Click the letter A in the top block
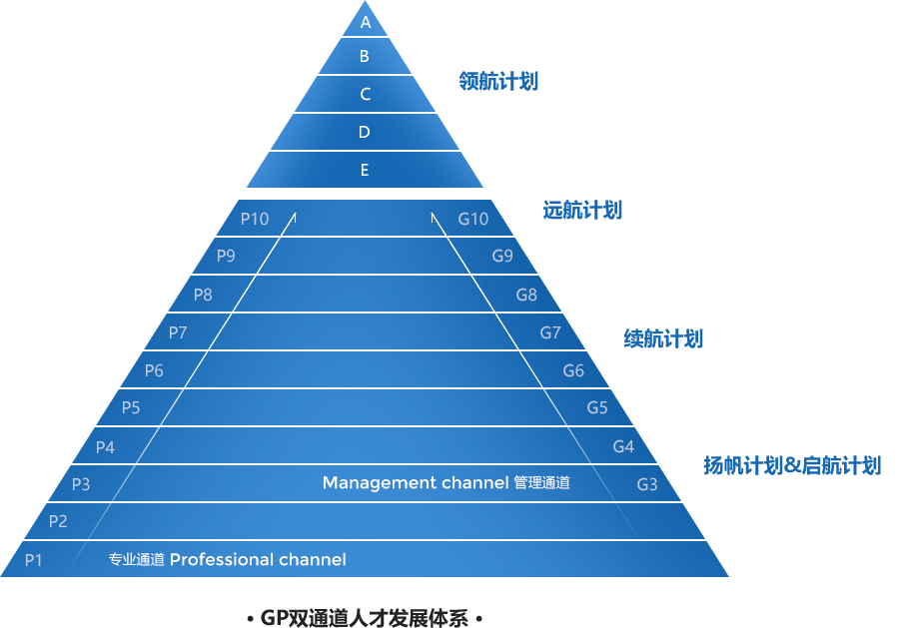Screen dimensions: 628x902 [x=366, y=22]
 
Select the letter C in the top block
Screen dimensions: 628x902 [x=366, y=95]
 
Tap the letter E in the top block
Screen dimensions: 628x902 [x=365, y=171]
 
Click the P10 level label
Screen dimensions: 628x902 [x=255, y=219]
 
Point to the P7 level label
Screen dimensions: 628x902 [x=178, y=332]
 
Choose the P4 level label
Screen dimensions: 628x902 [x=105, y=447]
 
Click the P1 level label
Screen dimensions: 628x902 [x=34, y=560]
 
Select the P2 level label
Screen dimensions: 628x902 [x=58, y=521]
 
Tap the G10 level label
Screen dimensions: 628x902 [x=473, y=219]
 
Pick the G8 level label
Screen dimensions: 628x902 [x=526, y=295]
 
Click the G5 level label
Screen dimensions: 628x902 [x=597, y=407]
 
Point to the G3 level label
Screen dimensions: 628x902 [x=647, y=485]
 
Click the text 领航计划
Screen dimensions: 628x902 [x=498, y=82]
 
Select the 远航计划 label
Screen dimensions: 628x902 [x=582, y=210]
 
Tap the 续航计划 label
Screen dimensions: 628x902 [x=662, y=338]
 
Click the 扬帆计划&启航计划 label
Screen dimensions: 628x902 [x=791, y=465]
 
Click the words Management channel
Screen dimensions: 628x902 [x=416, y=483]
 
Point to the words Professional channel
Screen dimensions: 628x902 [x=258, y=560]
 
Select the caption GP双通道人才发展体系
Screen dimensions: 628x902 [x=364, y=618]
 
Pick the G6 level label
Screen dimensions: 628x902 [x=573, y=371]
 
